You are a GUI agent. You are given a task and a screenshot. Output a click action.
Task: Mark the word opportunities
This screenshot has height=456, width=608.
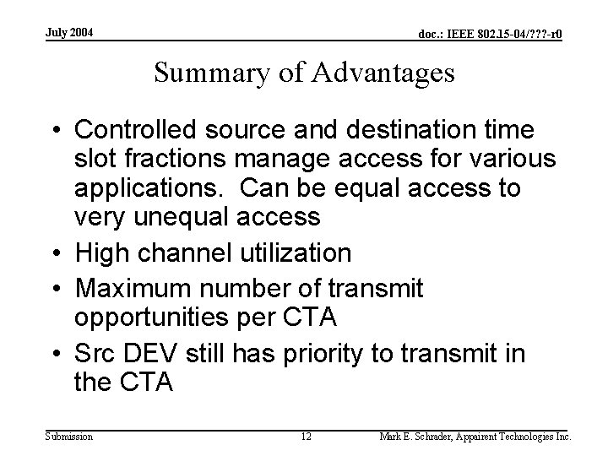(155, 318)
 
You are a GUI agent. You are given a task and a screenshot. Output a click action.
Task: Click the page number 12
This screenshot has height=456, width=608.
(307, 437)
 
